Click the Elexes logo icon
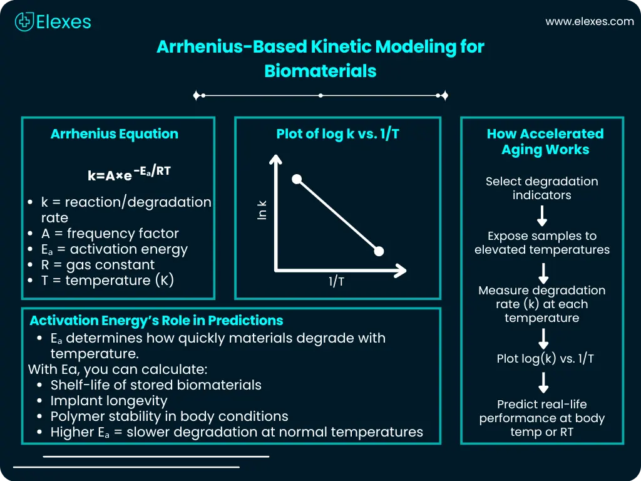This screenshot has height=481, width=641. click(24, 22)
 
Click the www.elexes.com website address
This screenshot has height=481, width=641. click(589, 21)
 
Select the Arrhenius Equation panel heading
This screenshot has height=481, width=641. click(114, 134)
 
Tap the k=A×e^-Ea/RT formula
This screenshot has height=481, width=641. click(129, 174)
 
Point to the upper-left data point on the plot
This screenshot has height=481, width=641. click(297, 180)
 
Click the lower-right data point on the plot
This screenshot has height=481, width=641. click(378, 252)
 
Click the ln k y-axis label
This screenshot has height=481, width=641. click(262, 209)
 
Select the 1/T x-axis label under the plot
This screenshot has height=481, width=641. click(336, 282)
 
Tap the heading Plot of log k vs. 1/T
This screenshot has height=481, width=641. click(337, 134)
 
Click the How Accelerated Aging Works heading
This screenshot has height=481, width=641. click(545, 142)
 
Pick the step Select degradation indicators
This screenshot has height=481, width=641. click(542, 188)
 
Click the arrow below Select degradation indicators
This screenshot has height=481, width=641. click(543, 216)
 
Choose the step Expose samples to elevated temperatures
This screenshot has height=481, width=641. click(542, 243)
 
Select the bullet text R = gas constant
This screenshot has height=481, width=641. click(98, 265)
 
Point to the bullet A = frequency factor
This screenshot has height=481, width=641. click(110, 234)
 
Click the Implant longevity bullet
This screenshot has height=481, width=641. click(108, 400)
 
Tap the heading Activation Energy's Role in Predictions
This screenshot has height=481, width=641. click(156, 321)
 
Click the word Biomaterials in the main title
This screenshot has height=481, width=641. click(320, 71)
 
